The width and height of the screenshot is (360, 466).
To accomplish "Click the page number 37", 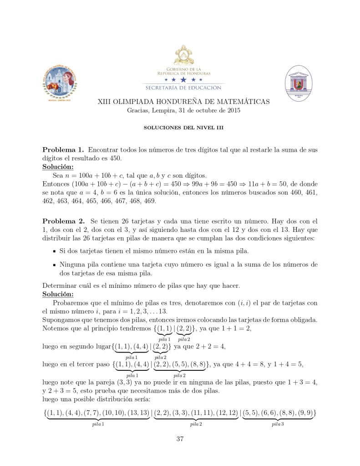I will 180,439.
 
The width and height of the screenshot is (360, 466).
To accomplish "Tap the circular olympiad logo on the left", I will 62,81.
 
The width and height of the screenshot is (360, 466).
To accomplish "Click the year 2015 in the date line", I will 231,110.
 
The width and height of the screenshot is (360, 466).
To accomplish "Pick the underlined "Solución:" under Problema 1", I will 58,167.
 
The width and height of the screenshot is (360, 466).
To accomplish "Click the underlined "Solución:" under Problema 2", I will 58,294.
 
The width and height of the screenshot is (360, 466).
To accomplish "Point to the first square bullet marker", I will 54,251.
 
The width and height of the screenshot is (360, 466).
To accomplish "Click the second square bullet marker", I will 54,265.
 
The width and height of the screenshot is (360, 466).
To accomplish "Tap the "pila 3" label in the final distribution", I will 278,424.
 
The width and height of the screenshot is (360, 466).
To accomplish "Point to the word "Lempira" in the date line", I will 163,110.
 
